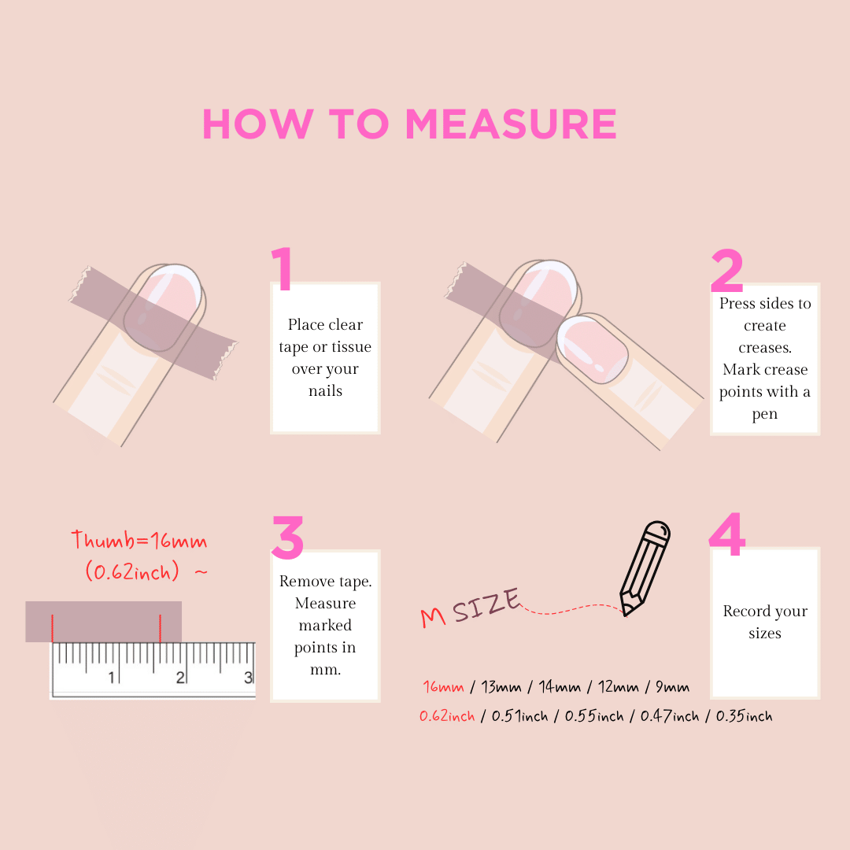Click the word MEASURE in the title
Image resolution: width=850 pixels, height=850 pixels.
click(512, 124)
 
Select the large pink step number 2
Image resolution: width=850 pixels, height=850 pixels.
click(726, 270)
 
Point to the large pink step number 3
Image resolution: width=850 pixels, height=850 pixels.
click(287, 538)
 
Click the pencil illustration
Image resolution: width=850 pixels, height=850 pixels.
click(645, 568)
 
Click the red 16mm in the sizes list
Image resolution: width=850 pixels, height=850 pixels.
click(443, 687)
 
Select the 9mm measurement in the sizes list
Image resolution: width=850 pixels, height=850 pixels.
click(672, 687)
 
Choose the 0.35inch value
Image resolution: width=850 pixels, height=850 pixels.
click(744, 716)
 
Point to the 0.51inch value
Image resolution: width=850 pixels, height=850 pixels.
click(520, 716)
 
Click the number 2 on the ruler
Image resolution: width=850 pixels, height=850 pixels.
click(180, 677)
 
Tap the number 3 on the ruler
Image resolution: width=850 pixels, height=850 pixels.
click(248, 677)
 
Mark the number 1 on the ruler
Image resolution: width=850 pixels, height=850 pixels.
click(112, 677)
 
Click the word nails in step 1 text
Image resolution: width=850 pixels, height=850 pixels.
click(325, 391)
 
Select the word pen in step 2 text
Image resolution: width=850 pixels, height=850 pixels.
click(764, 415)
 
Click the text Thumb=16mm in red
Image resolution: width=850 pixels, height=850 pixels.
click(139, 541)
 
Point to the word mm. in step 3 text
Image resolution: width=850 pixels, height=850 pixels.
click(325, 671)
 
